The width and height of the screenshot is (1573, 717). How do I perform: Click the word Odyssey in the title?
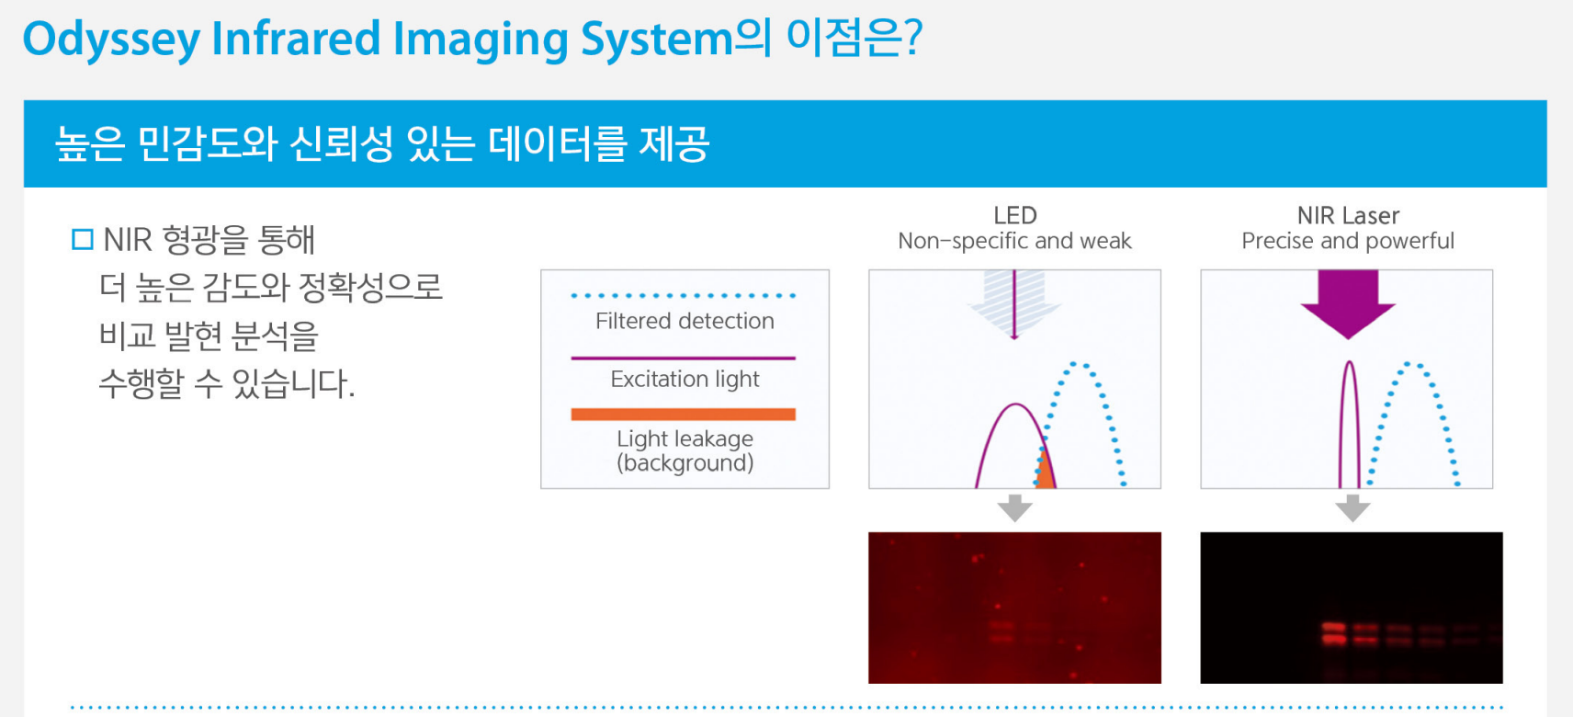click(111, 40)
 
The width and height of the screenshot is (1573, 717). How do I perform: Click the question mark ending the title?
click(911, 38)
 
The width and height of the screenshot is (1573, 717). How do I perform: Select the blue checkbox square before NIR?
click(82, 240)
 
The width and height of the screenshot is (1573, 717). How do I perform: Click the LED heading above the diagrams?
click(1014, 215)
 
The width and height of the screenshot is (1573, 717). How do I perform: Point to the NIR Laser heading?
click(1348, 215)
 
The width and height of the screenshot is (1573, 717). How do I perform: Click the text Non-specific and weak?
click(1014, 241)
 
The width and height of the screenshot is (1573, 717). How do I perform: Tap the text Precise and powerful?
click(1348, 241)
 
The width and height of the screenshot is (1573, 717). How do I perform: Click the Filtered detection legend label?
click(685, 321)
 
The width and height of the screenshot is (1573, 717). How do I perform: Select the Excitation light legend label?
click(685, 380)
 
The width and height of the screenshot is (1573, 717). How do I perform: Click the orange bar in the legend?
click(684, 415)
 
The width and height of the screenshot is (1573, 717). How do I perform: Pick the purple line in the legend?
click(684, 358)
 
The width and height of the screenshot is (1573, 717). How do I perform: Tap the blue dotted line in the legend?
click(684, 296)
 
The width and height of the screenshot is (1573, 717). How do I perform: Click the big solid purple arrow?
click(1348, 302)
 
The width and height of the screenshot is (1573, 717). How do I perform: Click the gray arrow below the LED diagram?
click(1014, 507)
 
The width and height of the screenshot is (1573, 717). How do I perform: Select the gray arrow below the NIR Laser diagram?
click(1352, 507)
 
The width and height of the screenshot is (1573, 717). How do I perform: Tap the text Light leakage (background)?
click(685, 450)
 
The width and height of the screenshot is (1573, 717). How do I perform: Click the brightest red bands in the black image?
click(1333, 632)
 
